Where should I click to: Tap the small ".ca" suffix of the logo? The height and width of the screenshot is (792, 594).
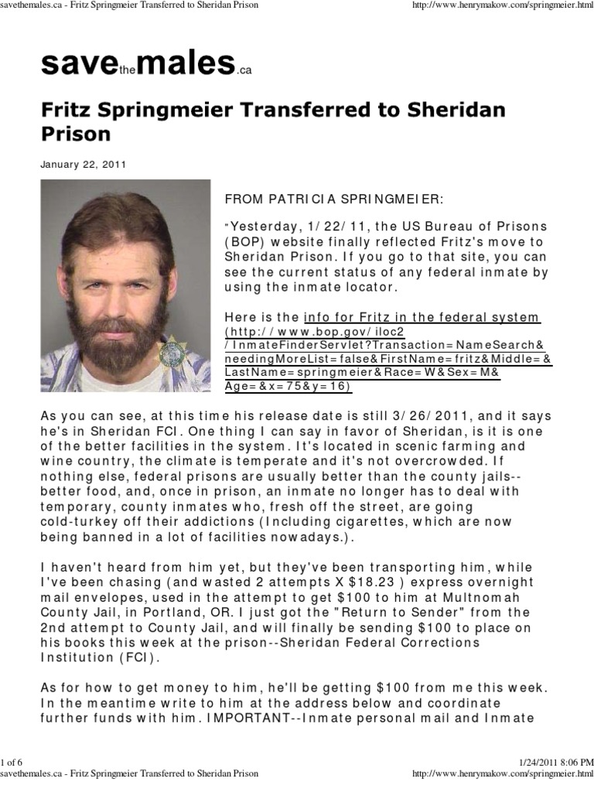244,70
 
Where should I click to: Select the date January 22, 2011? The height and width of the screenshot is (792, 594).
84,165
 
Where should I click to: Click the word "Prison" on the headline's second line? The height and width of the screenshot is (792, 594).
76,133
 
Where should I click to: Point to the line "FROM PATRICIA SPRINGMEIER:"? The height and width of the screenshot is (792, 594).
334,199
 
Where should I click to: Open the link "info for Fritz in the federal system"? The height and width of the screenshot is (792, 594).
422,317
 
